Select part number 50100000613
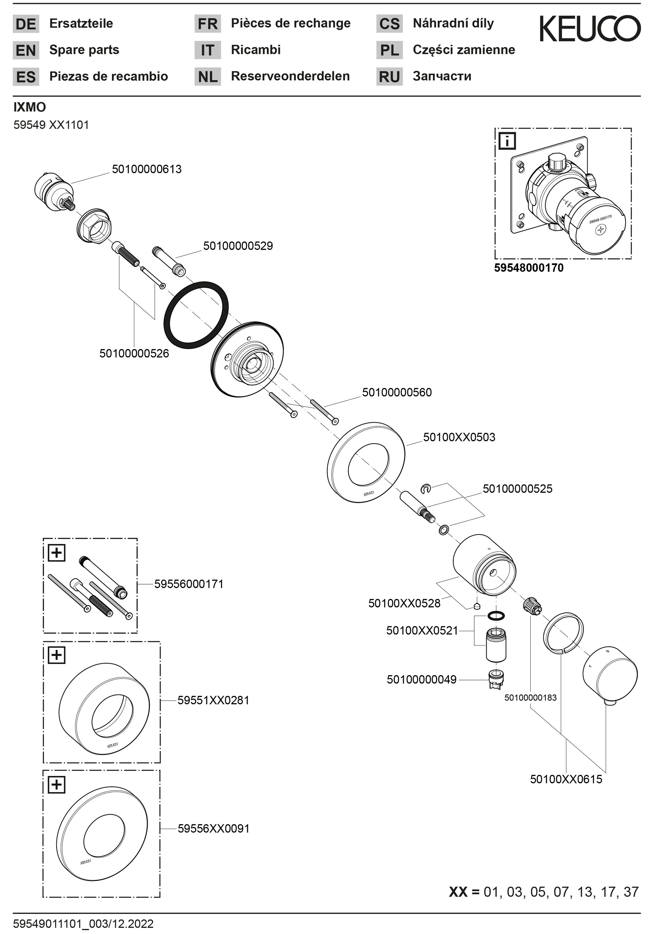coord(146,169)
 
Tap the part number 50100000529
coord(238,246)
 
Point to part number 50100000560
coord(397,393)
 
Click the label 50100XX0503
coord(459,437)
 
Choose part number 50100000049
coord(421,680)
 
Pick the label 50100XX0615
coord(566,779)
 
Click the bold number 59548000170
coord(529,268)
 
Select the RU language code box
coord(389,77)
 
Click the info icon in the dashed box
coord(507,141)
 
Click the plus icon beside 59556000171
coord(57,553)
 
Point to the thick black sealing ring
coord(196,315)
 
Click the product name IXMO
coord(30,107)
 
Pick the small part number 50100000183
coord(530,697)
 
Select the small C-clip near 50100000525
coord(426,488)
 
